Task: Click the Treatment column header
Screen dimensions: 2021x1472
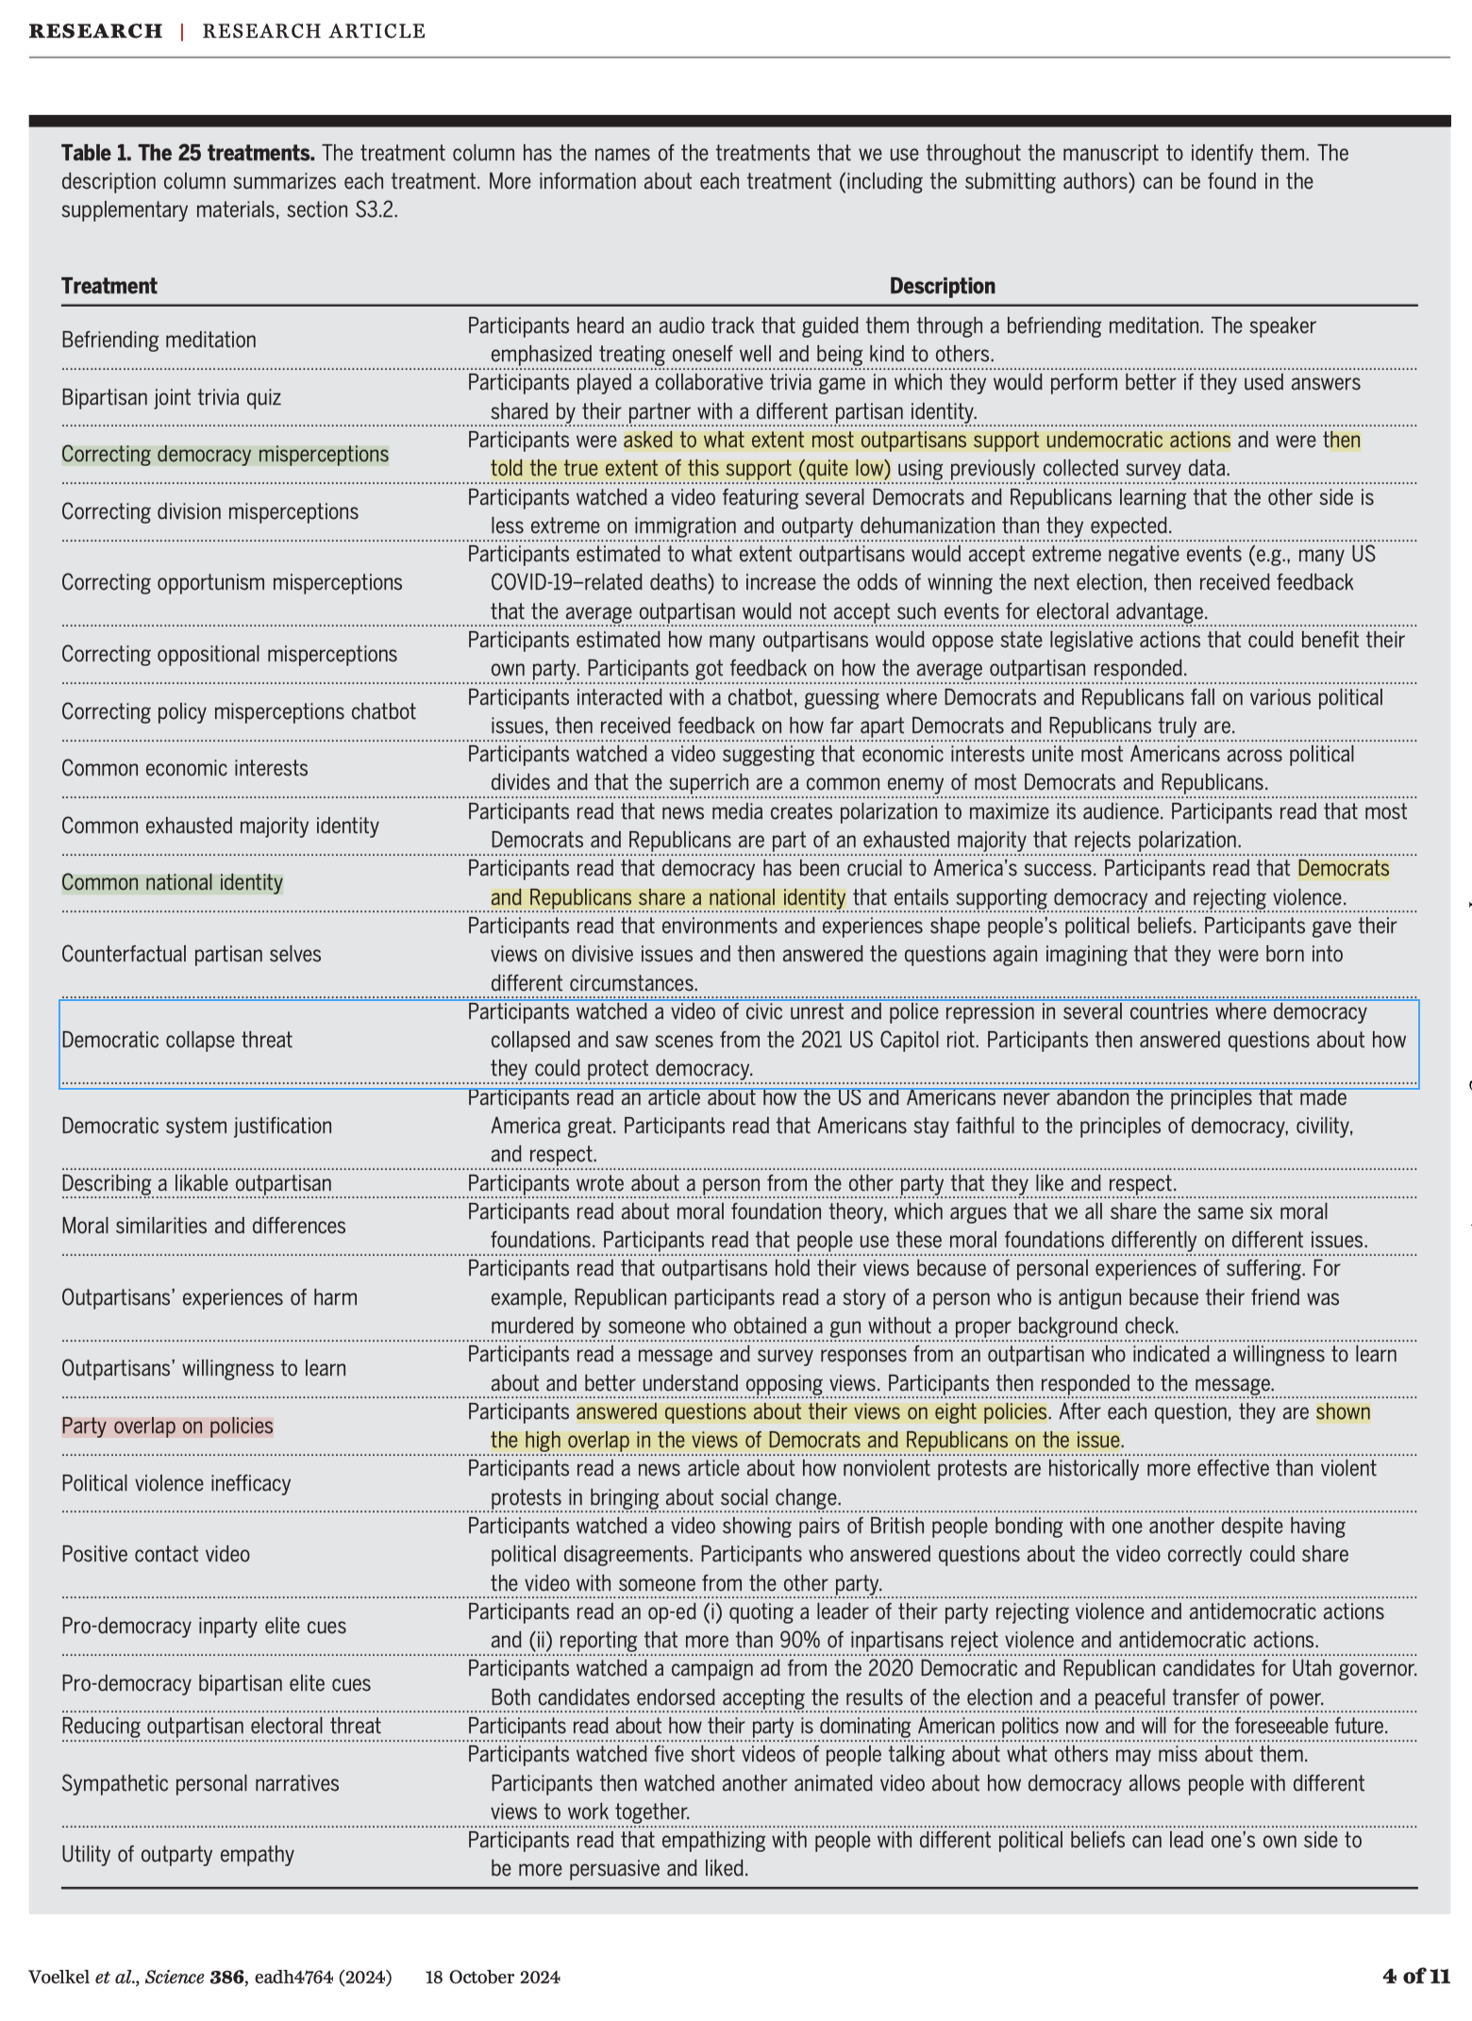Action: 109,286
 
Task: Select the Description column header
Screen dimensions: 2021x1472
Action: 942,286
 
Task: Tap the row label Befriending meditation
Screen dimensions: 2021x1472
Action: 159,340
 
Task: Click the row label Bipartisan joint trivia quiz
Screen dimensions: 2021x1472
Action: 171,397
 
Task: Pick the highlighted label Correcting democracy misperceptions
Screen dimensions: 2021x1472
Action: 225,454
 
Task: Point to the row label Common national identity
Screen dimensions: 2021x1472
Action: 172,882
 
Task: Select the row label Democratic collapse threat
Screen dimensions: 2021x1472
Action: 176,1040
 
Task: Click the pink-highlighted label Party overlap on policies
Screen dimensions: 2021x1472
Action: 167,1426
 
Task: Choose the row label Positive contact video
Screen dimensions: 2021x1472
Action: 156,1554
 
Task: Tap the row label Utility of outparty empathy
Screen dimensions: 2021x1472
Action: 177,1854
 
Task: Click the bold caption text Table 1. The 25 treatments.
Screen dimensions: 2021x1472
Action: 188,153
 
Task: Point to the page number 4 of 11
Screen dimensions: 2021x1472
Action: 1416,1977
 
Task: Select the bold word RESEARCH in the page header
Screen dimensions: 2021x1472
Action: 95,31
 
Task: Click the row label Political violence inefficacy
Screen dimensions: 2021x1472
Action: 176,1483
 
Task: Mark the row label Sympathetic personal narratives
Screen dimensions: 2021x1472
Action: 200,1783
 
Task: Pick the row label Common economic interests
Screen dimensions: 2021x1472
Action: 184,768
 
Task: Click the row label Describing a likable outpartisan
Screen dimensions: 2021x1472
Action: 196,1183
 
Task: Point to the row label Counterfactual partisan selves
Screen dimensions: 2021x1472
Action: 191,954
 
